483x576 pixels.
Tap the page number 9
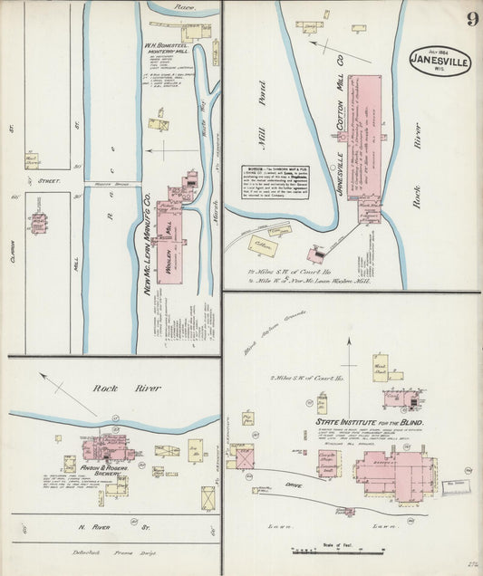[x=472, y=20]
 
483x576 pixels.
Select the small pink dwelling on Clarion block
[x=39, y=222]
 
